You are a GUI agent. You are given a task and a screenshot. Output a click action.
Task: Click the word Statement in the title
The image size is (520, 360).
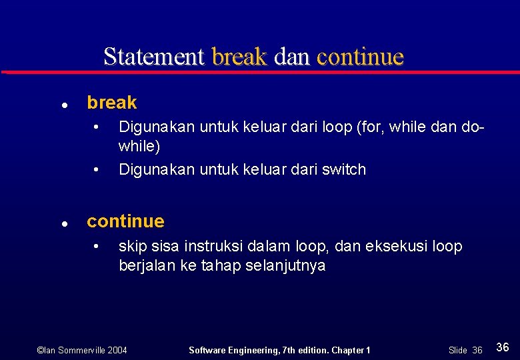[153, 57]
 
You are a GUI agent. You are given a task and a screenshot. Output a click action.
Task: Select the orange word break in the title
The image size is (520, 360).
[239, 57]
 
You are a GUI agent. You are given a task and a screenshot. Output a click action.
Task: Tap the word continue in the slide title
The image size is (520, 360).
[361, 57]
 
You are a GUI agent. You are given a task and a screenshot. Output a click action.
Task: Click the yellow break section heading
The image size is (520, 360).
[112, 103]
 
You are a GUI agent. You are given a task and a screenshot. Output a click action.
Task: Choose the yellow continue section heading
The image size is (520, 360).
[125, 221]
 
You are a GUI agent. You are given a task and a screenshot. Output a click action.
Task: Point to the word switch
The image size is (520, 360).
[344, 169]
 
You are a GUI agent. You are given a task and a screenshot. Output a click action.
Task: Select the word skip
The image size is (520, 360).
[131, 247]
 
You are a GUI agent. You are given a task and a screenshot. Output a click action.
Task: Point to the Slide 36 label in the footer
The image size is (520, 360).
[465, 350]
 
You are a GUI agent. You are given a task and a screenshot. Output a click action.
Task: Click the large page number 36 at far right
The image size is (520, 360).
[503, 347]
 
